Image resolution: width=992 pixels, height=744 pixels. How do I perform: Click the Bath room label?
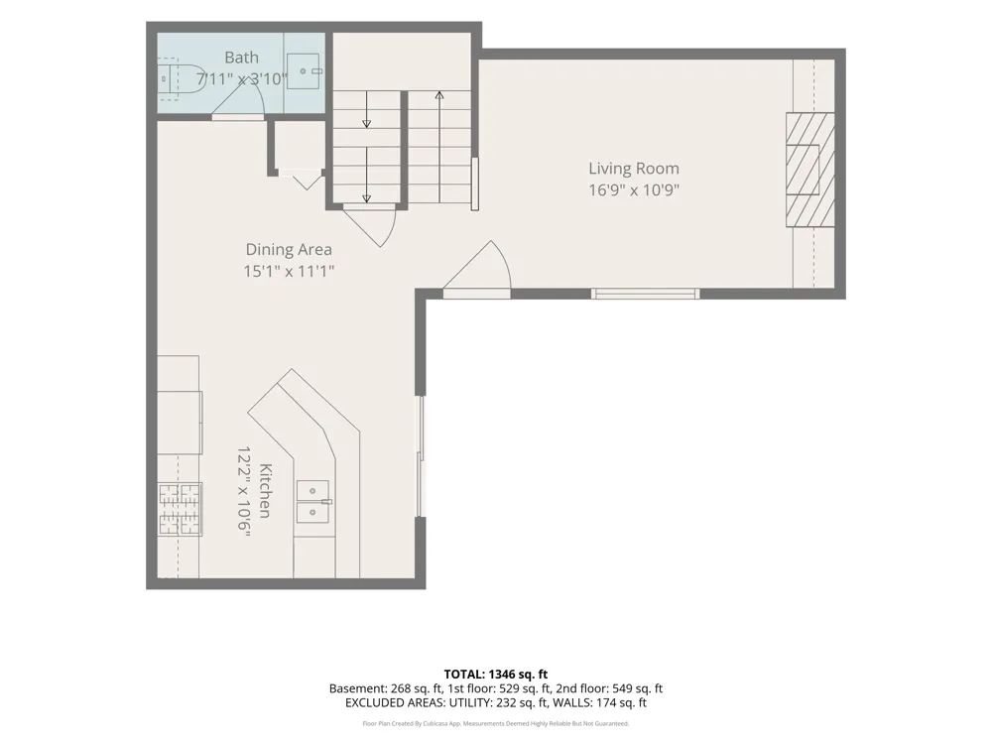241,58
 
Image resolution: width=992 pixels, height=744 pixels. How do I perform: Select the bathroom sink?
305,71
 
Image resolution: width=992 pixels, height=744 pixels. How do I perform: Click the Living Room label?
634,169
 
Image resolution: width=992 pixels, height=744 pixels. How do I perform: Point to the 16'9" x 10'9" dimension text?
634,189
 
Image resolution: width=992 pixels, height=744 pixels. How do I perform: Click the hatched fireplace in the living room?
809,170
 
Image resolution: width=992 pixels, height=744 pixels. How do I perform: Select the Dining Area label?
289,249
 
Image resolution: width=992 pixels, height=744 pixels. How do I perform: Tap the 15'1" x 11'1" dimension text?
289,272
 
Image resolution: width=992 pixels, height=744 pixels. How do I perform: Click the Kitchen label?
266,491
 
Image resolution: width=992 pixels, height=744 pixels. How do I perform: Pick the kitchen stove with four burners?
180,509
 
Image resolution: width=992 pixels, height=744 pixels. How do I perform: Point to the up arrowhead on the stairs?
439,95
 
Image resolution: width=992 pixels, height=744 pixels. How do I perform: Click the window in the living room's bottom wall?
646,294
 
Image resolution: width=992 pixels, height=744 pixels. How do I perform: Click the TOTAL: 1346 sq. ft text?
495,675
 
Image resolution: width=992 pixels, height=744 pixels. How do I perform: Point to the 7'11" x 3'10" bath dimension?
241,79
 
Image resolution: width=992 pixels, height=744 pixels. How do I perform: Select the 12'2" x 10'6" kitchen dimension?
244,492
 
